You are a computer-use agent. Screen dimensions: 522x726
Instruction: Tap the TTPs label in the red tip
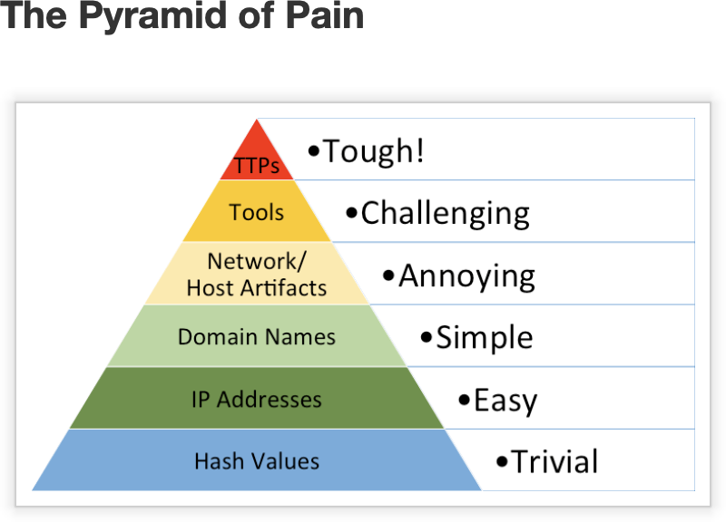[x=257, y=167]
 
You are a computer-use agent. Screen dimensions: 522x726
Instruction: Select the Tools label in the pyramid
[x=256, y=213]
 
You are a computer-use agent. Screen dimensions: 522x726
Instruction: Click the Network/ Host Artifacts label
[x=257, y=275]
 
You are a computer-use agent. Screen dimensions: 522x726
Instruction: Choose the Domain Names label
[x=257, y=337]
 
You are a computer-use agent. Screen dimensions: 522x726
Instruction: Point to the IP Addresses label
[x=257, y=400]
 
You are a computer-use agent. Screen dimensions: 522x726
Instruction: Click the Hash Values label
[x=257, y=461]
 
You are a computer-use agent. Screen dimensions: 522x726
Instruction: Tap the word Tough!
[x=373, y=151]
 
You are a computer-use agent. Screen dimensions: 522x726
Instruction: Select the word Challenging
[x=445, y=214]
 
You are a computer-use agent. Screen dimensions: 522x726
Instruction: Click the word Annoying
[x=466, y=275]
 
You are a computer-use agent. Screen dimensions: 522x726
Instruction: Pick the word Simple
[x=484, y=338]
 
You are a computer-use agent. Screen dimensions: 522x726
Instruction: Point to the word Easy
[x=505, y=400]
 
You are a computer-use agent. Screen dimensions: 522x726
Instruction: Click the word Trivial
[x=554, y=462]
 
